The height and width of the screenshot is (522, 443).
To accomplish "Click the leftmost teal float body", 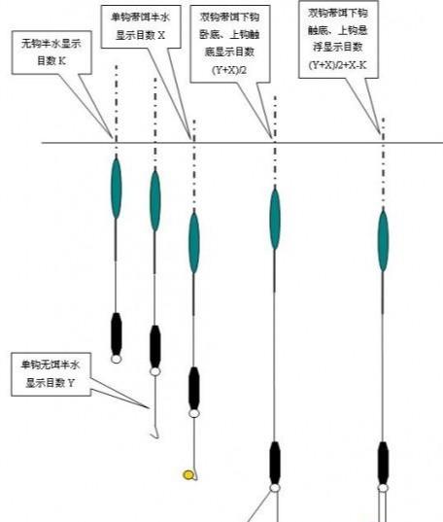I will pos(117,187).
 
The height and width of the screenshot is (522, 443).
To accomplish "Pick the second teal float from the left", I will pos(154,200).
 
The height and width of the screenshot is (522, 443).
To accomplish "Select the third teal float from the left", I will pos(194,241).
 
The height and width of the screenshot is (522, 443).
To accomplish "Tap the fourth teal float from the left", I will pos(275,219).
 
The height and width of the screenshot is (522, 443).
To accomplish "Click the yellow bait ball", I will pos(188,474).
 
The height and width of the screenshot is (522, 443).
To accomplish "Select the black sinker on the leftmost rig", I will pos(117,333).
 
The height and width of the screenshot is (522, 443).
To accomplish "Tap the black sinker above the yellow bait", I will pos(194,387).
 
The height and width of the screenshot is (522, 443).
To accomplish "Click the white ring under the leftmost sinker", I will pos(117,358).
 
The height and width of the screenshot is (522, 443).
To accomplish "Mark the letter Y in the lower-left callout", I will pos(71,384).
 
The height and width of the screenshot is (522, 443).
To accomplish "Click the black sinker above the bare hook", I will pos(154,345).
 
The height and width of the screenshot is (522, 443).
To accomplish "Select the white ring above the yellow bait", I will pos(194,413).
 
